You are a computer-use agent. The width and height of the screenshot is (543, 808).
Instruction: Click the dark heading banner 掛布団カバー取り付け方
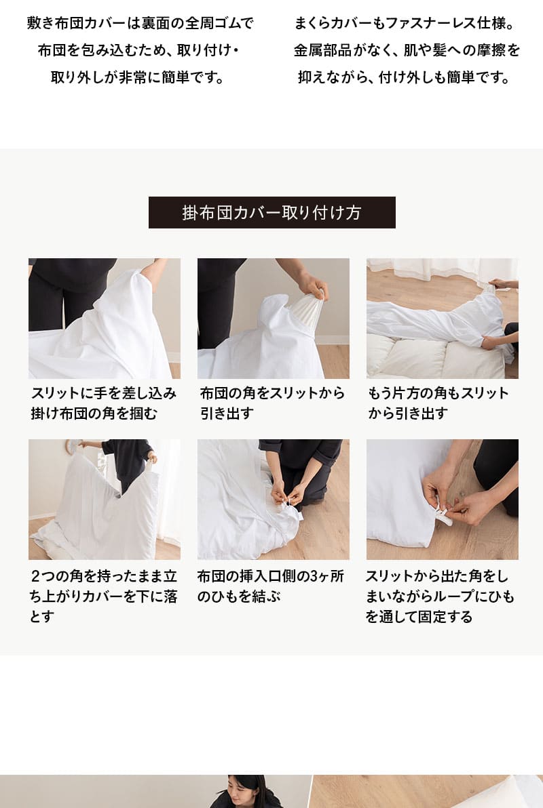271,212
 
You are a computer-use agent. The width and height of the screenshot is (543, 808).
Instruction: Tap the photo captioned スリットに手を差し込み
105,318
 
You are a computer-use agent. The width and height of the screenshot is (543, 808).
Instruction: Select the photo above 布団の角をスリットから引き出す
273,318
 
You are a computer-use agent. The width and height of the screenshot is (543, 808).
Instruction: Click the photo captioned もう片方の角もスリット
442,318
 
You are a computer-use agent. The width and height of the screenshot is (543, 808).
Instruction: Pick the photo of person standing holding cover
105,499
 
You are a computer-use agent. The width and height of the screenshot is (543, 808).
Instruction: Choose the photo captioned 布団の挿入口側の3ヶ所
273,499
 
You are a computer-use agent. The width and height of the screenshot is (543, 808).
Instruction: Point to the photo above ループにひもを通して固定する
442,499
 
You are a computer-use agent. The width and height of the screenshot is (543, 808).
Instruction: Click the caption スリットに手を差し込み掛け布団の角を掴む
103,403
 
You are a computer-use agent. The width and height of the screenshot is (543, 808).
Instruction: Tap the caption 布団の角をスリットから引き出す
272,403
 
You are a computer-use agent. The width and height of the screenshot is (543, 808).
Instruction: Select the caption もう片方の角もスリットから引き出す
438,403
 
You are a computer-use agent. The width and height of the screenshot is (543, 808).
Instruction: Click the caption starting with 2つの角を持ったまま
103,597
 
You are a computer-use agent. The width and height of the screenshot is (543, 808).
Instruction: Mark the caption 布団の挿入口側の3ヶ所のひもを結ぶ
270,586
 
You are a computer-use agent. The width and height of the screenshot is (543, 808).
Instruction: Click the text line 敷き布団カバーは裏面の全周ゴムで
140,24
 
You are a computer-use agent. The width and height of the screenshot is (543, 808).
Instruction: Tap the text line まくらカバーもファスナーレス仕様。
404,24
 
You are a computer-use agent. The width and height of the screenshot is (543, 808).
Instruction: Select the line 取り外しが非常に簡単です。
138,77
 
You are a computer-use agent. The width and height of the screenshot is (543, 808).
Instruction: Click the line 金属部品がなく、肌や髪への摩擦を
407,51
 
